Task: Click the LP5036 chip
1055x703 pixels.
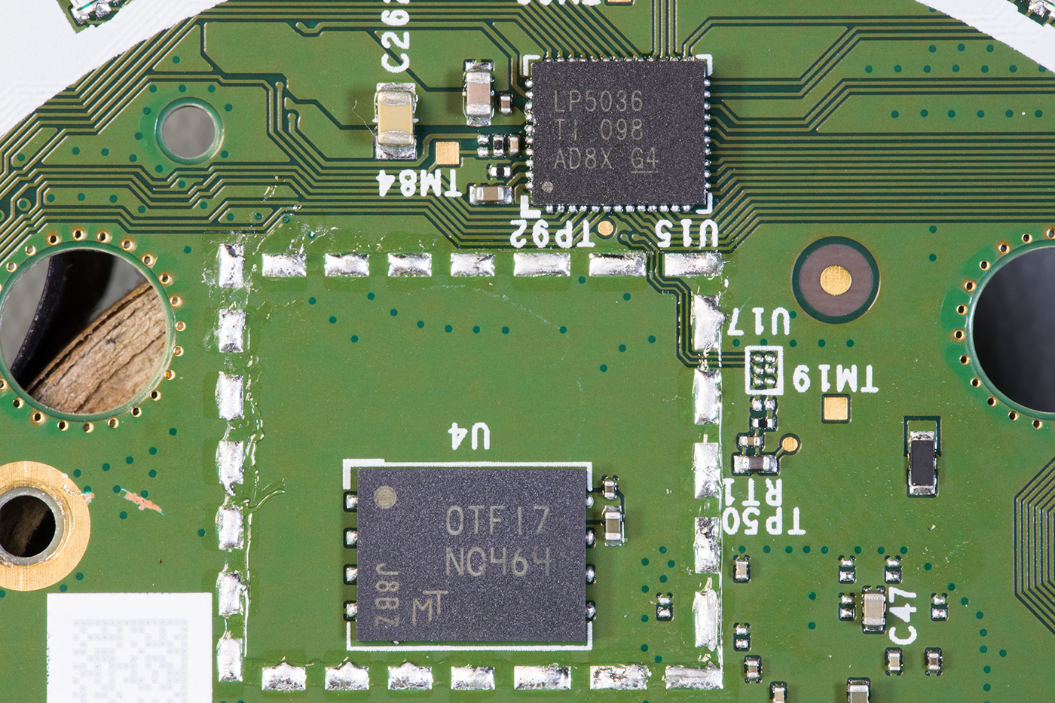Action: (619, 133)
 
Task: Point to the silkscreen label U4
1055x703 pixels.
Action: (468, 436)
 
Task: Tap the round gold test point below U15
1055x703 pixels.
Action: (608, 228)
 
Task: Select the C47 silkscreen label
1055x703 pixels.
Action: (904, 616)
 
